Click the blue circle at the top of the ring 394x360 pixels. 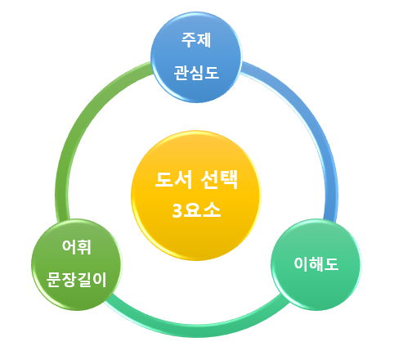point(196,56)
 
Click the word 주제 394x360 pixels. point(196,38)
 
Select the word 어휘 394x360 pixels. point(78,246)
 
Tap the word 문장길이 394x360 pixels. point(78,280)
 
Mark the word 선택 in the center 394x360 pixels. point(217,180)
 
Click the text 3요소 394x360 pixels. point(196,210)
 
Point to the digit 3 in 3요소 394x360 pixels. point(177,210)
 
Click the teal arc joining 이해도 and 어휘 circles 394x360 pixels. point(196,322)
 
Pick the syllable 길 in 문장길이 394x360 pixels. point(92,280)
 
